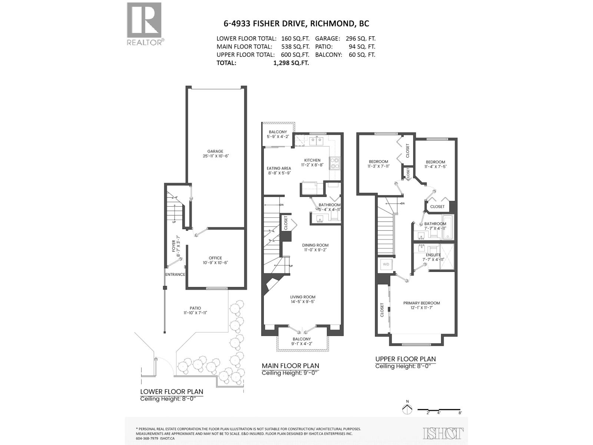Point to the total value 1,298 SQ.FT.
[x=291, y=63]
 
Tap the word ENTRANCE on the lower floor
[x=175, y=274]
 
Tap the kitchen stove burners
[x=335, y=163]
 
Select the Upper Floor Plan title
[x=405, y=359]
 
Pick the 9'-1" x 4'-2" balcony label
[x=302, y=341]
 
